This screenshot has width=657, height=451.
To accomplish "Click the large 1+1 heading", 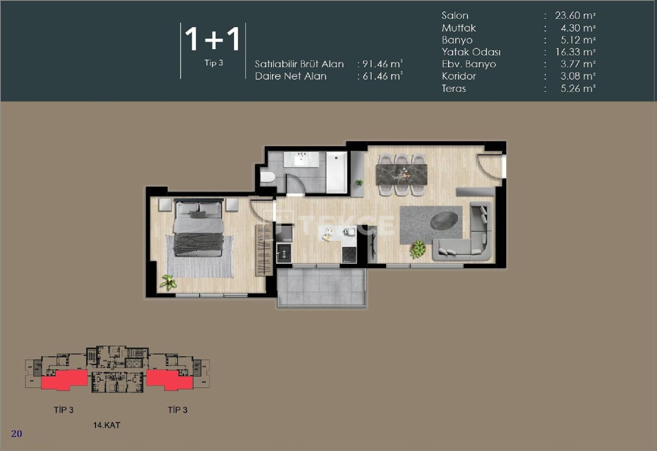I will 212,40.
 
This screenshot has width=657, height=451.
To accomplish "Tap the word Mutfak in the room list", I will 458,28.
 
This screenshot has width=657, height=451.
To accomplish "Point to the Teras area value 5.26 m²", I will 575,88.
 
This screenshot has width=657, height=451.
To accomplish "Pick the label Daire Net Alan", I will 291,76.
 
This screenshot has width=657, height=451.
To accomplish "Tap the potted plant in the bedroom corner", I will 167,282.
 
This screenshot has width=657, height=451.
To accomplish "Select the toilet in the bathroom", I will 267,178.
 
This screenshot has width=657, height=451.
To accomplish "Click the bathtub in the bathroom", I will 337,172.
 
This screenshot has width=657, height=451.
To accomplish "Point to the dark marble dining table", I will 401,174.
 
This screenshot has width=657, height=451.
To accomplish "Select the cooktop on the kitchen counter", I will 350,254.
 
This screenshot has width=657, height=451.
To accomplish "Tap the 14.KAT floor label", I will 106,425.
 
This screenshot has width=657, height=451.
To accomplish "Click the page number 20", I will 16,434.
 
